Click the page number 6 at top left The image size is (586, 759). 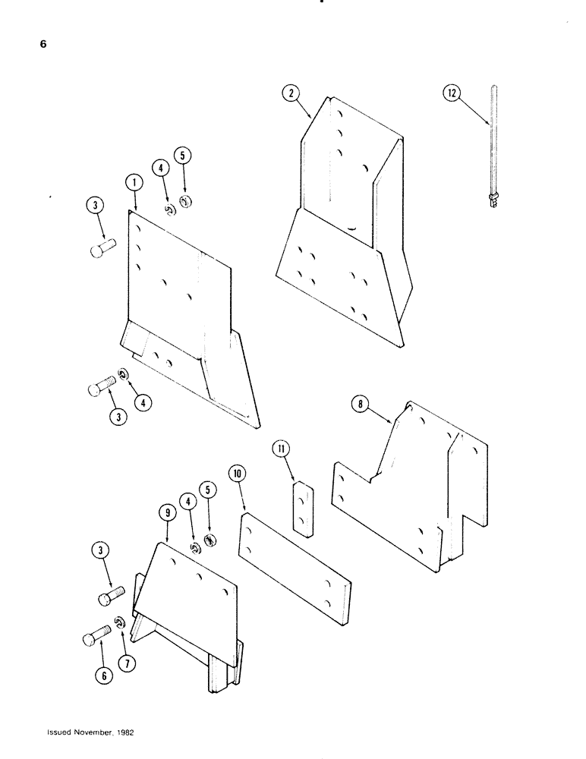(43, 45)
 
